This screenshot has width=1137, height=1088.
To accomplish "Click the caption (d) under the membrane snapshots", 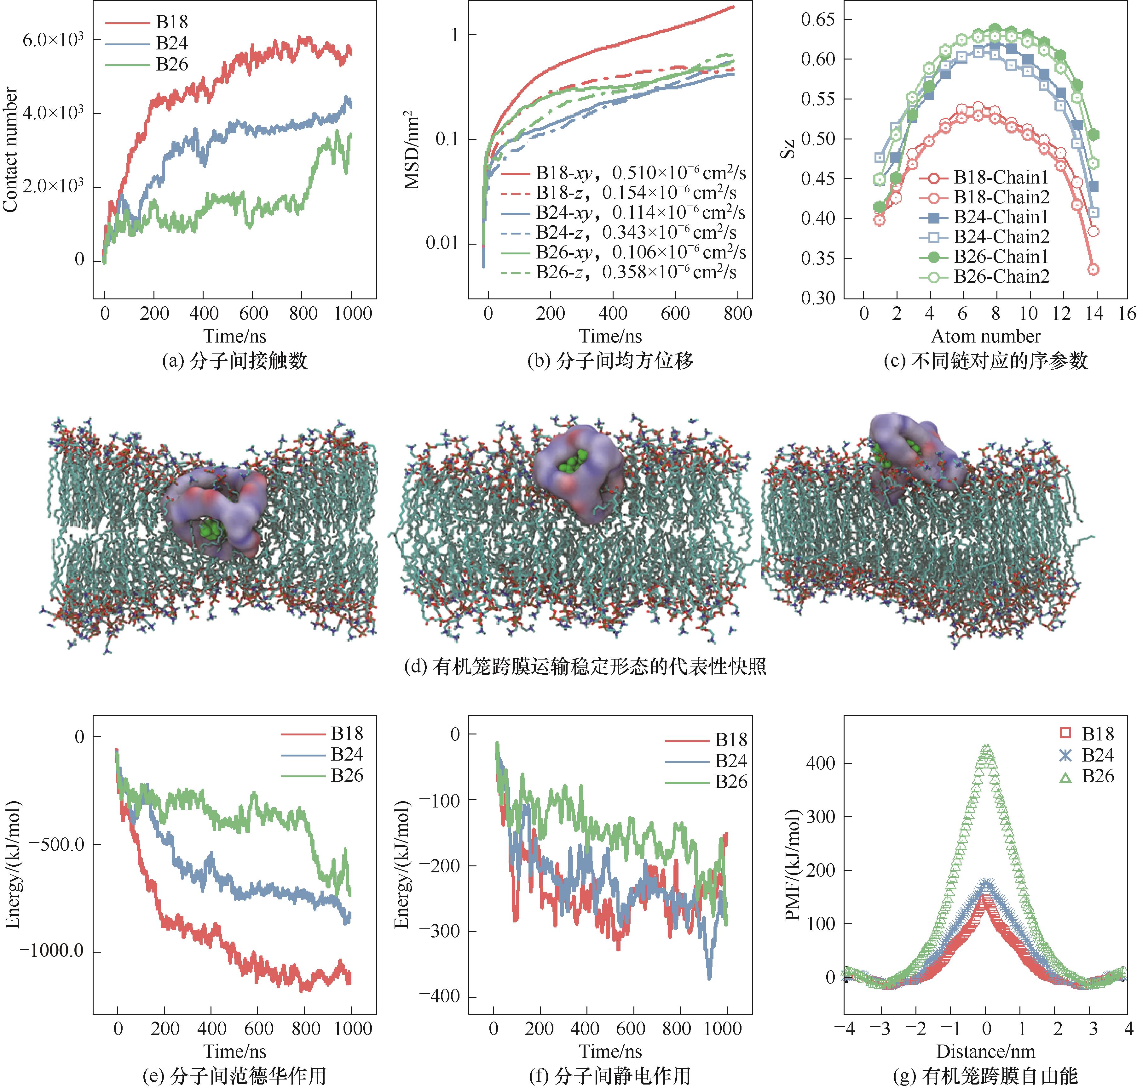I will click(x=585, y=666).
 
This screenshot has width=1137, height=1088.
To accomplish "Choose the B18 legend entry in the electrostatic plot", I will click(x=730, y=740).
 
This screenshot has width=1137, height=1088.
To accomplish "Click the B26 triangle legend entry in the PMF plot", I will click(x=1098, y=776).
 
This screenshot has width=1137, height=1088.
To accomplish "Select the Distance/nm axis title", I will click(x=986, y=1051).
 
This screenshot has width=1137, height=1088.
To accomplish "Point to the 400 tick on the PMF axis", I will click(x=820, y=763).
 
